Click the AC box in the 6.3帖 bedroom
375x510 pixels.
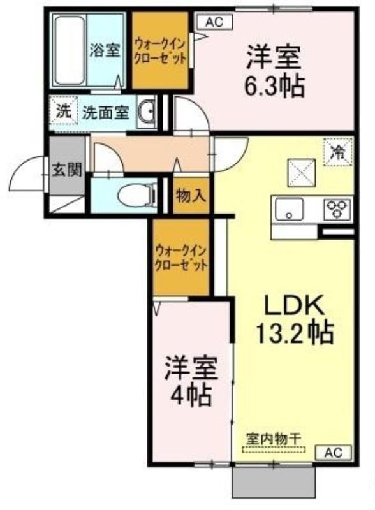tap(214, 22)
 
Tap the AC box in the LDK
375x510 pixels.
tap(334, 453)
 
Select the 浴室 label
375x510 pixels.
tap(105, 51)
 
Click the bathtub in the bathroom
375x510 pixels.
tap(70, 50)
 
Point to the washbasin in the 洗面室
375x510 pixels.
tap(147, 112)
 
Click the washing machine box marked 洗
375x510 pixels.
tap(64, 112)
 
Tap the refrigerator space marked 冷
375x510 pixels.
tap(338, 152)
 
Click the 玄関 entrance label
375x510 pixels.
tap(67, 170)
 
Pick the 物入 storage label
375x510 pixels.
tap(191, 196)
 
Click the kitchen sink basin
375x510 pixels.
tap(289, 209)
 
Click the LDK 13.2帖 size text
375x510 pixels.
tap(295, 320)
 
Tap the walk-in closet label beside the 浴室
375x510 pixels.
tap(160, 50)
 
